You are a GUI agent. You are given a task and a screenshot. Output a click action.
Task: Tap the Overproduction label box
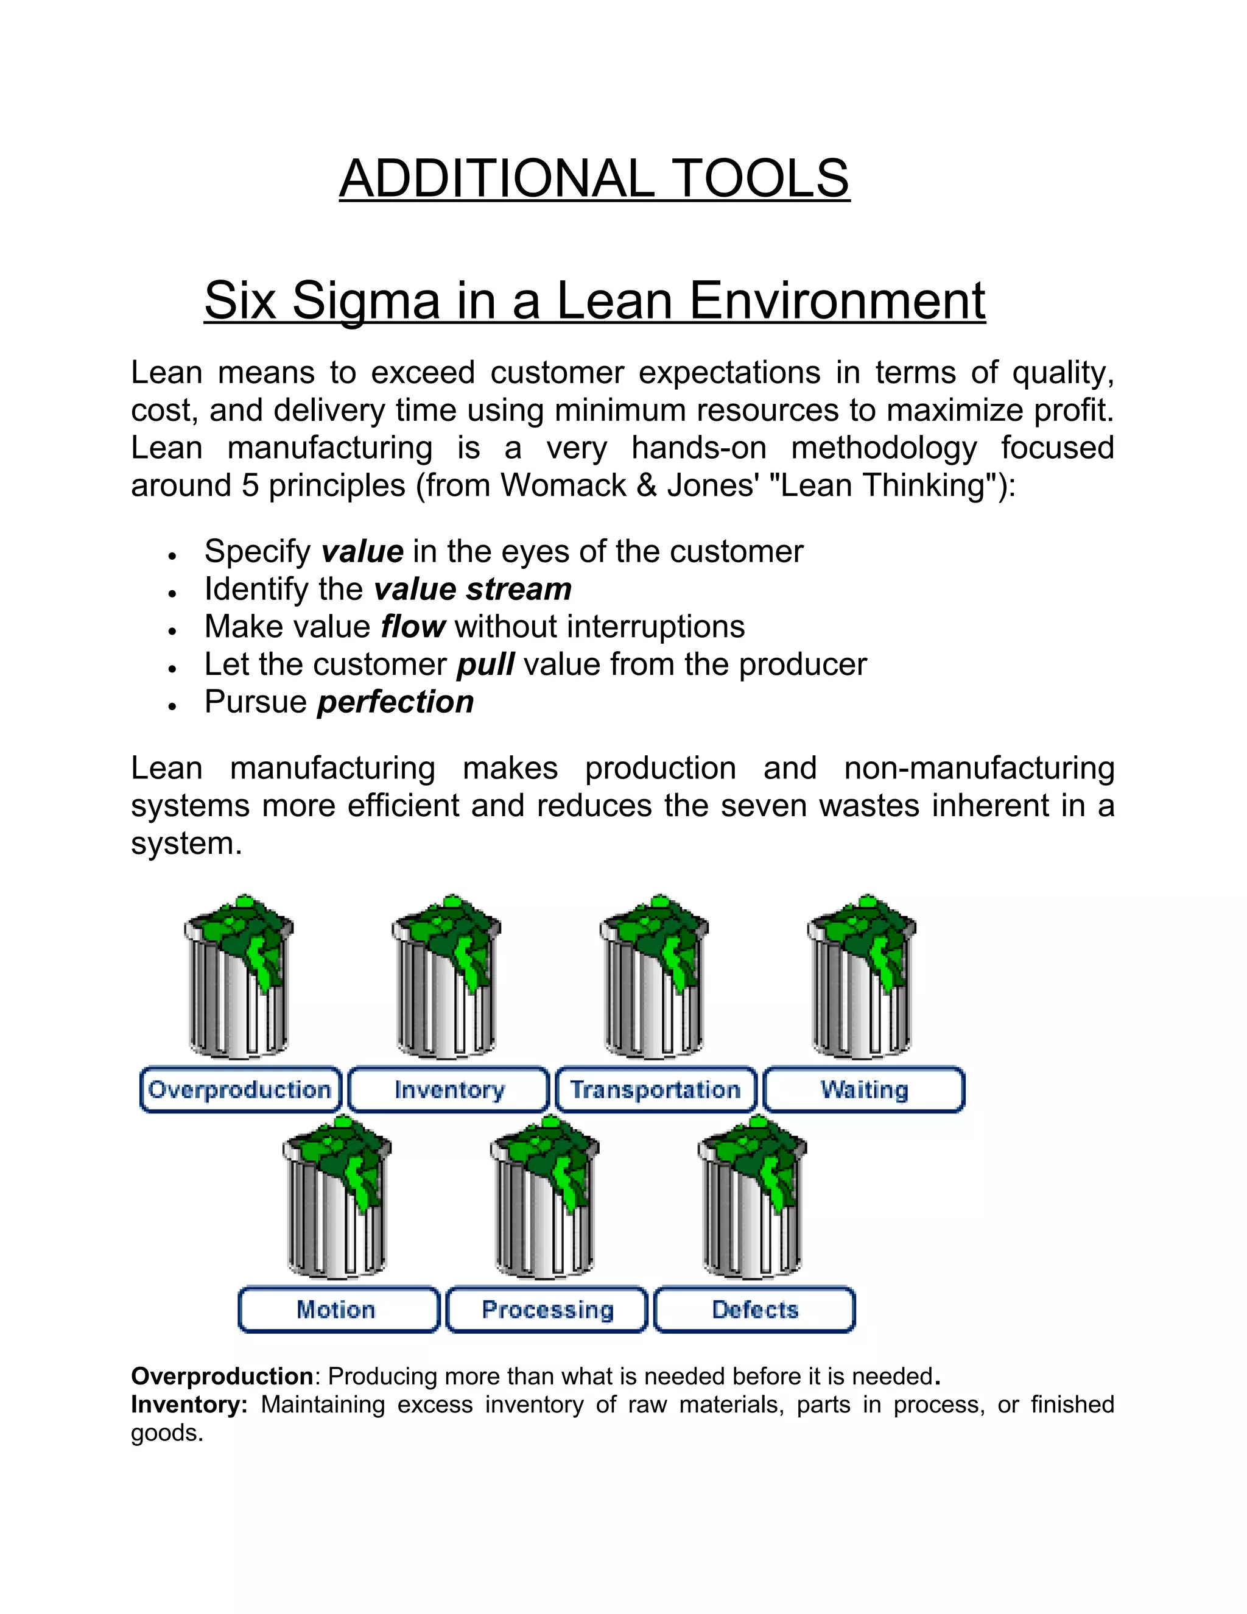click(x=240, y=1090)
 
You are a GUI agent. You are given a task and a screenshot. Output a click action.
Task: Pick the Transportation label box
click(x=656, y=1090)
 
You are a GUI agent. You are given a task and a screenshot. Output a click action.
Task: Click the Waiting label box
click(x=863, y=1090)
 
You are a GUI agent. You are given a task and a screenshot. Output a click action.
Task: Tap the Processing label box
click(x=547, y=1309)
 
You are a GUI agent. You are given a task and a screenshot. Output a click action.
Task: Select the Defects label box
click(x=755, y=1309)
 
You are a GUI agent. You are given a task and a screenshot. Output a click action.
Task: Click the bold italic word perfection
click(x=395, y=702)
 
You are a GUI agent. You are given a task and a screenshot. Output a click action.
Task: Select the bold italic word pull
click(x=485, y=664)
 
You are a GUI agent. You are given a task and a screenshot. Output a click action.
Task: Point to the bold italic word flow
click(x=412, y=627)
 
